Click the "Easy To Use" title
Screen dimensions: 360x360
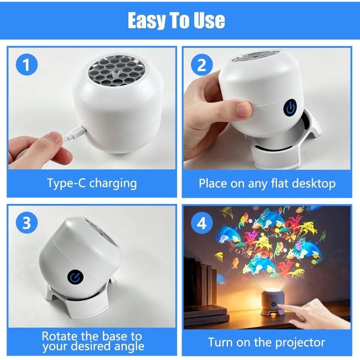176,20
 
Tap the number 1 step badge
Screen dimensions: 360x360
27,64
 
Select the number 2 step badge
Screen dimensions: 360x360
202,64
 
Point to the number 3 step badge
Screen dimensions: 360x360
27,223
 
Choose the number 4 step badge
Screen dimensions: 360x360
202,223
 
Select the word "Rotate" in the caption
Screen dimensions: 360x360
59,336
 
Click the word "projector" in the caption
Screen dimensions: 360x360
300,343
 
